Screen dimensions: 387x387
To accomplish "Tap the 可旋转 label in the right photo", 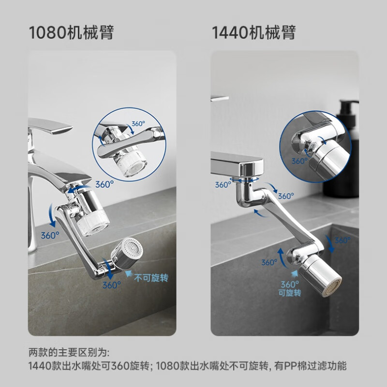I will click(x=290, y=293).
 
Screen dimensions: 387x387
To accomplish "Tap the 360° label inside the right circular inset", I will click(x=299, y=161).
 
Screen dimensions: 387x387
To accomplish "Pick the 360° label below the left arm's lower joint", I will click(x=111, y=285).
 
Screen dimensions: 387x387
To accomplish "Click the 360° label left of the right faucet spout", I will click(x=223, y=185).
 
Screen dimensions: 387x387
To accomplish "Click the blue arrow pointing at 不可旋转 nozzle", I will click(x=127, y=273).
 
